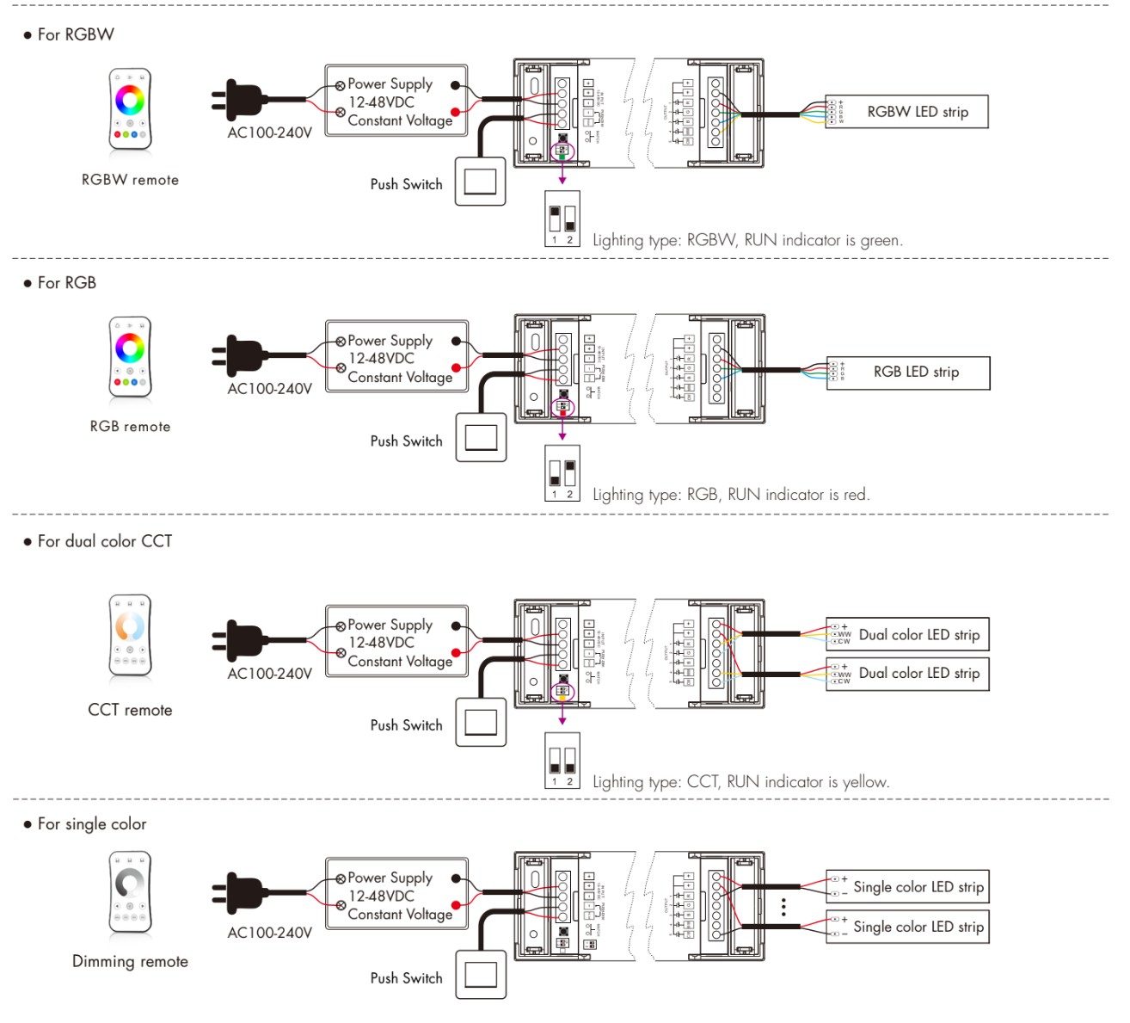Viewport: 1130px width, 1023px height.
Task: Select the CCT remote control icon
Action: (130, 635)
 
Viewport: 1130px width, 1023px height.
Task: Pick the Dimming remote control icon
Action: (130, 893)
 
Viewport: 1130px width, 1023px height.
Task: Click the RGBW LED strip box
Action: (906, 112)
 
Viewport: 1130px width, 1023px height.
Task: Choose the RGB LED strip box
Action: (908, 373)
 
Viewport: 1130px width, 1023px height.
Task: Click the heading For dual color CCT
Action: (104, 541)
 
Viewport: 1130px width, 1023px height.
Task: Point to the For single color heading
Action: (91, 824)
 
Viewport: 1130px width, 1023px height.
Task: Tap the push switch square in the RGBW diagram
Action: (480, 182)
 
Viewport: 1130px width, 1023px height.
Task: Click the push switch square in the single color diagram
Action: (481, 975)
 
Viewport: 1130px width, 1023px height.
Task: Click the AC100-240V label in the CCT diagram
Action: (269, 674)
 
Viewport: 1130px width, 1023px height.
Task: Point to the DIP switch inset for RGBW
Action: (562, 219)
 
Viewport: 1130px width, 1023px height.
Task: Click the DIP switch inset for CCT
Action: (562, 760)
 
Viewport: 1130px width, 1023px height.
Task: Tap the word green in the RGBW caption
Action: (881, 241)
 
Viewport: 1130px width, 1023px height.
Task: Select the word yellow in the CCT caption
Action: (864, 782)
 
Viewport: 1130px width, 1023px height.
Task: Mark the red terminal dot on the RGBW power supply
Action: (455, 112)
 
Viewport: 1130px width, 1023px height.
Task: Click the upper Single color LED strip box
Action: (907, 887)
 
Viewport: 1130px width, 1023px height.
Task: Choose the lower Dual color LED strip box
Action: (907, 674)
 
